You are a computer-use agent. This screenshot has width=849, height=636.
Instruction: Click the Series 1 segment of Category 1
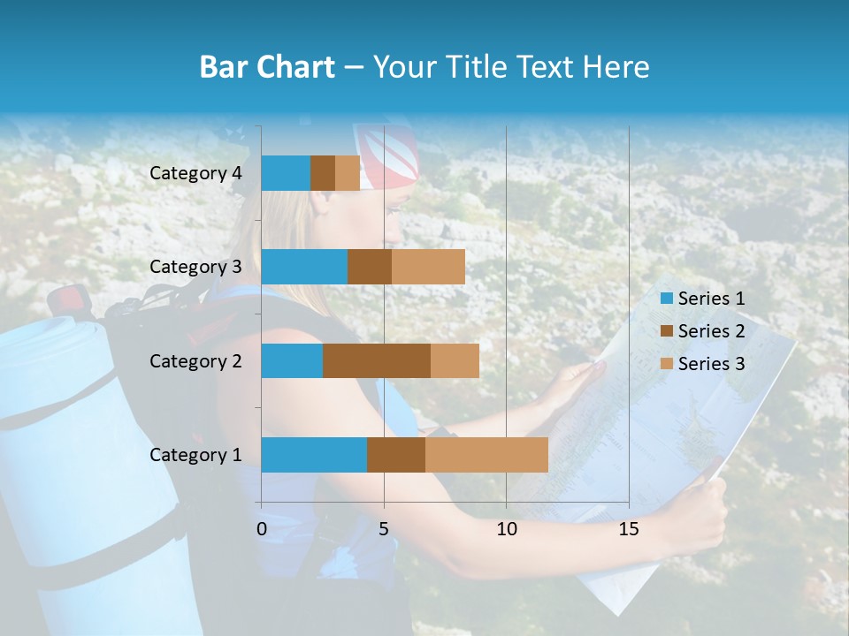click(x=314, y=454)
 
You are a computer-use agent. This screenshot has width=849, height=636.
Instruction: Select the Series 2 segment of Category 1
click(x=396, y=454)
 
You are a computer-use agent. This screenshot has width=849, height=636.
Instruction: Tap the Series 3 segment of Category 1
click(x=486, y=454)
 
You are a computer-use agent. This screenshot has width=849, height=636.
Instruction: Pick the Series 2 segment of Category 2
click(x=377, y=360)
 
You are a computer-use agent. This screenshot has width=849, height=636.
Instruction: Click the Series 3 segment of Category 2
click(x=455, y=360)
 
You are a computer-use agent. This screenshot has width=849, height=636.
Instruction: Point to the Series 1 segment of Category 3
click(x=304, y=267)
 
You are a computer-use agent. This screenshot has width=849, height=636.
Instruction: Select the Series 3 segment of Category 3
click(x=428, y=267)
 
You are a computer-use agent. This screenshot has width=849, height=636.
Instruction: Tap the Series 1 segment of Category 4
click(x=286, y=173)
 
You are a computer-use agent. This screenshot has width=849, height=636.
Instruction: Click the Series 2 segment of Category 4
click(x=323, y=173)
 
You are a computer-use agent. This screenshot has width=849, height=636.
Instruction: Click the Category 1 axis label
click(x=195, y=455)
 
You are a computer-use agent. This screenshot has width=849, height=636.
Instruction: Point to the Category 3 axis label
click(x=195, y=267)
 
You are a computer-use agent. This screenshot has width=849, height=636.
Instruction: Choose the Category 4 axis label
click(x=195, y=173)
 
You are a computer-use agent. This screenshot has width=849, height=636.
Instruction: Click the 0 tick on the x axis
click(x=262, y=529)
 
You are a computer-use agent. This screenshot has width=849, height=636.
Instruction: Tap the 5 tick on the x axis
click(x=384, y=529)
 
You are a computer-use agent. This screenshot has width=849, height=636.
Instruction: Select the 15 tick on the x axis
click(x=629, y=529)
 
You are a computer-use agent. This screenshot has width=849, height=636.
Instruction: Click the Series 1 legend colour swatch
click(x=666, y=299)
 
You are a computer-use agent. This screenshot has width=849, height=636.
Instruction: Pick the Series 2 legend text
click(x=711, y=331)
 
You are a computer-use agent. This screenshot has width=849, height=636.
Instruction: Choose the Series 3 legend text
click(x=711, y=364)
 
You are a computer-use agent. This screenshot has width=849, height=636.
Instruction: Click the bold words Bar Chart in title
click(x=267, y=67)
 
